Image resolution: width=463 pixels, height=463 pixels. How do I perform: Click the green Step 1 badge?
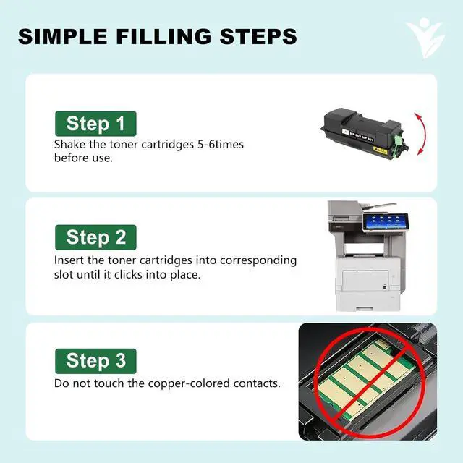point(95,124)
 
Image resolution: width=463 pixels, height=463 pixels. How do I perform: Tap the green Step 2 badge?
point(95,237)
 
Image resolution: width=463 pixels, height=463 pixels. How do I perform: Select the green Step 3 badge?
point(95,361)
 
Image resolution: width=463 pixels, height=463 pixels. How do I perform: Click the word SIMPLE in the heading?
point(62,36)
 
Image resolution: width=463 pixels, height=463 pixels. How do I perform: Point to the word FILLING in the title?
point(163,36)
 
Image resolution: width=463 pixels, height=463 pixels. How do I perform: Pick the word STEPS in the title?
point(258,36)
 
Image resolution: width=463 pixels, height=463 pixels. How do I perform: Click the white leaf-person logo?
point(425,38)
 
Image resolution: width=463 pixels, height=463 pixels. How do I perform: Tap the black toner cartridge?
point(365,134)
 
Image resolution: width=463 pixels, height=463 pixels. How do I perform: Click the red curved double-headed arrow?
point(422,134)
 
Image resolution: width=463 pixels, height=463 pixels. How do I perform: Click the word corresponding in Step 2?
point(258,261)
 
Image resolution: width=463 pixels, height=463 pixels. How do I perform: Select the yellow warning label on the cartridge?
point(380,150)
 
